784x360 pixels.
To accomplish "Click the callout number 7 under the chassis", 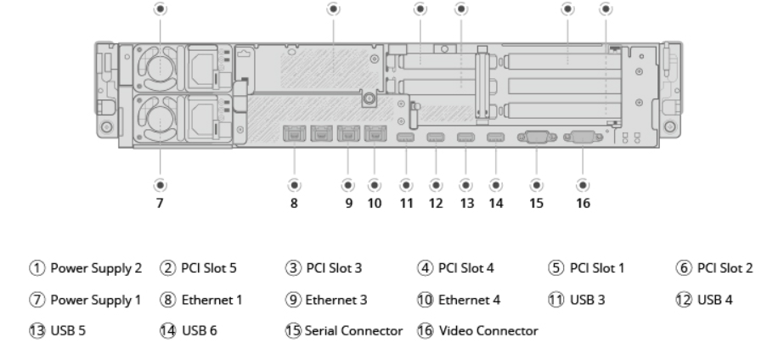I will pos(160,204).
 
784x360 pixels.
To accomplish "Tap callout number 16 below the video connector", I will pos(583,204).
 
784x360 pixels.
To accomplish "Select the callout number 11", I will pos(405,204).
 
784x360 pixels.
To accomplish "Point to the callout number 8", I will pos(294,204).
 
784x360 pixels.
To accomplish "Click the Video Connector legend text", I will pos(488,330).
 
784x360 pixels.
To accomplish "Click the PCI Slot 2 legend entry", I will pos(725,269).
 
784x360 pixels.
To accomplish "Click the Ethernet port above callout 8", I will pos(294,133).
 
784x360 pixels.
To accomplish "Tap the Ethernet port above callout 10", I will pos(374,133).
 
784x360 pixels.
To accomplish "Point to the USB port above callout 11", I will pos(405,138).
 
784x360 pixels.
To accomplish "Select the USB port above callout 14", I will pos(495,138).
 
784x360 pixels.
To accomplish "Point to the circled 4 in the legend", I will pos(424,269).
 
